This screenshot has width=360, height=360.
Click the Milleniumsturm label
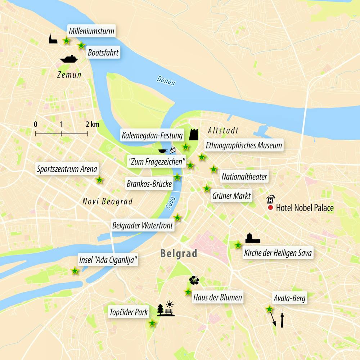pyautogui.click(x=91, y=31)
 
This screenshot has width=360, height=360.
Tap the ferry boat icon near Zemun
pyautogui.click(x=69, y=59)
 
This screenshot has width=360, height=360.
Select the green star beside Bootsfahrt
pyautogui.click(x=81, y=45)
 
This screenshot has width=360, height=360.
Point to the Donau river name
pyautogui.click(x=166, y=81)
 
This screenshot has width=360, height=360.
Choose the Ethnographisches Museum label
pyautogui.click(x=243, y=146)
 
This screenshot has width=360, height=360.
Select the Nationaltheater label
pyautogui.click(x=244, y=177)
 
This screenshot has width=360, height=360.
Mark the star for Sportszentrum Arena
pyautogui.click(x=99, y=180)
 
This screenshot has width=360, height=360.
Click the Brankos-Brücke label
pyautogui.click(x=149, y=184)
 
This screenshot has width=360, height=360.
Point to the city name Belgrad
pyautogui.click(x=179, y=254)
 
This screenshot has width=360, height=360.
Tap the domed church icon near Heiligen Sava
pyautogui.click(x=253, y=238)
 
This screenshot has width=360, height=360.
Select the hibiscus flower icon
pyautogui.click(x=194, y=280)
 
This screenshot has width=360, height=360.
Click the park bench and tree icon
pyautogui.click(x=166, y=310)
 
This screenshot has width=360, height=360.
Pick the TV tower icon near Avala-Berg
pyautogui.click(x=282, y=318)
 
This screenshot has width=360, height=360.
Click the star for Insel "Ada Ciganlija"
pyautogui.click(x=75, y=271)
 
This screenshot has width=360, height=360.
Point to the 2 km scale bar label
pyautogui.click(x=92, y=125)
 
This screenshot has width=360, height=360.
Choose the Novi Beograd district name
pyautogui.click(x=107, y=201)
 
